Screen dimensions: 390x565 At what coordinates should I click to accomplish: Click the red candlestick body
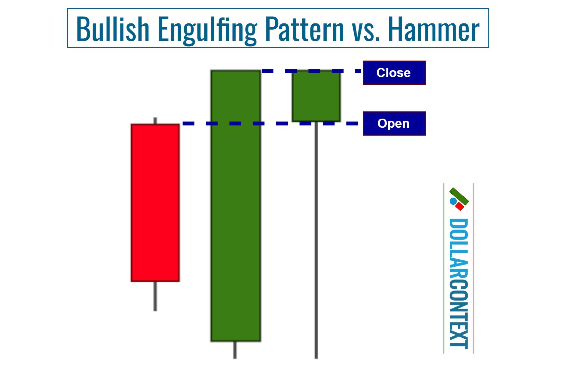[155, 202]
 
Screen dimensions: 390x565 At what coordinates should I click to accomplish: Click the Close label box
[394, 73]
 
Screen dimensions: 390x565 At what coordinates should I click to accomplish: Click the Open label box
[394, 123]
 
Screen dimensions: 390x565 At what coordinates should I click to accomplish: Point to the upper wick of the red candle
[155, 121]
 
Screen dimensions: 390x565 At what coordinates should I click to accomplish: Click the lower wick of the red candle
[155, 296]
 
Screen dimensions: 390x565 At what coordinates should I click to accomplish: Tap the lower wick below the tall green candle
[235, 350]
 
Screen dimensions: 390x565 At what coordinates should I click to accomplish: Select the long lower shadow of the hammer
[316, 240]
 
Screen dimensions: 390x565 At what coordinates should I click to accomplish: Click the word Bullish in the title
[112, 29]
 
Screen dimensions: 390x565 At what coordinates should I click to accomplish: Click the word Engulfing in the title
[207, 29]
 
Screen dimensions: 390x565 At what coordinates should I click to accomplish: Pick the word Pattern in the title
[304, 29]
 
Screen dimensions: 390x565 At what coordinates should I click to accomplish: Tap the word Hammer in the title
[433, 29]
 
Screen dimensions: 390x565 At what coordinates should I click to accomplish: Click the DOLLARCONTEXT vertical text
[458, 283]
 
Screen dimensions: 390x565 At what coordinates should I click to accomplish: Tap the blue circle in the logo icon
[453, 201]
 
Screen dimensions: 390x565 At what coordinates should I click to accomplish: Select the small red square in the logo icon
[460, 206]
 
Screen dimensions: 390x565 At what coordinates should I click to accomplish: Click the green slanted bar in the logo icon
[459, 196]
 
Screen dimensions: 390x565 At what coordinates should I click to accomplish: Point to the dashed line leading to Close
[312, 71]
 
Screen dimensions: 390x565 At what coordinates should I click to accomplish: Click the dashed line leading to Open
[270, 123]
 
